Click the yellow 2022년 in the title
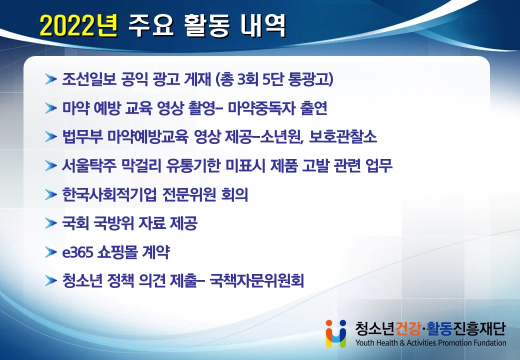click(x=78, y=25)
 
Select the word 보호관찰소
click(x=343, y=136)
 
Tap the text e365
click(x=77, y=252)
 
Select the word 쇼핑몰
click(x=117, y=252)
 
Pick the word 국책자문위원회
click(x=256, y=281)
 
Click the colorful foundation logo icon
click(x=336, y=333)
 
